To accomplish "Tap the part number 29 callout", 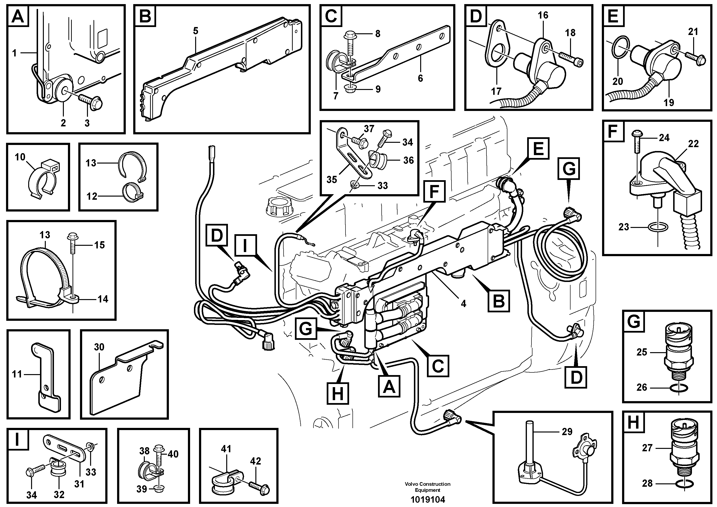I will pos(567,432).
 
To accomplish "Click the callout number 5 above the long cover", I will pos(195,31).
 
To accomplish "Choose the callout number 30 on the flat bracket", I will pos(99,347).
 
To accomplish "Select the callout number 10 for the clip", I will pos(20,157).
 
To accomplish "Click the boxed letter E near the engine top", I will pos(538,149).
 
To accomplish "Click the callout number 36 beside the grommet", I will pos(408,160).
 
